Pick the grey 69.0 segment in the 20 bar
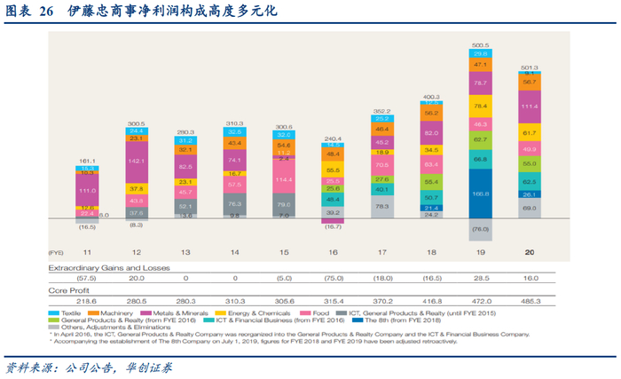click(x=529, y=207)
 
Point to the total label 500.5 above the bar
click(x=481, y=44)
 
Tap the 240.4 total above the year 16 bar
click(x=334, y=138)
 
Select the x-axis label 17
click(x=382, y=252)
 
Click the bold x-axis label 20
click(x=529, y=252)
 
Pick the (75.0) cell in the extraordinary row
click(x=334, y=277)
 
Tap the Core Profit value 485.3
click(x=529, y=301)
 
